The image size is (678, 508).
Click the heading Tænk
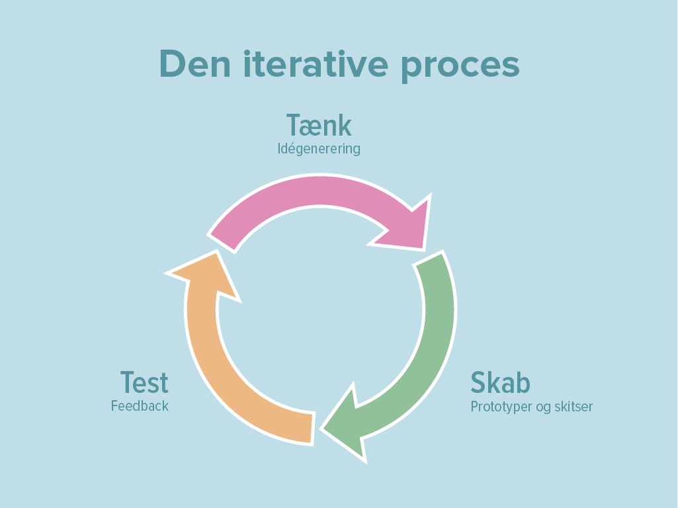click(x=319, y=125)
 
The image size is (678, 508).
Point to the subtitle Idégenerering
click(x=319, y=148)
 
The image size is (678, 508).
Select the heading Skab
click(x=500, y=382)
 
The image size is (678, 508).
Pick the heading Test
click(x=144, y=382)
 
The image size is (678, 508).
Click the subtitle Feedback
click(x=140, y=405)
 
